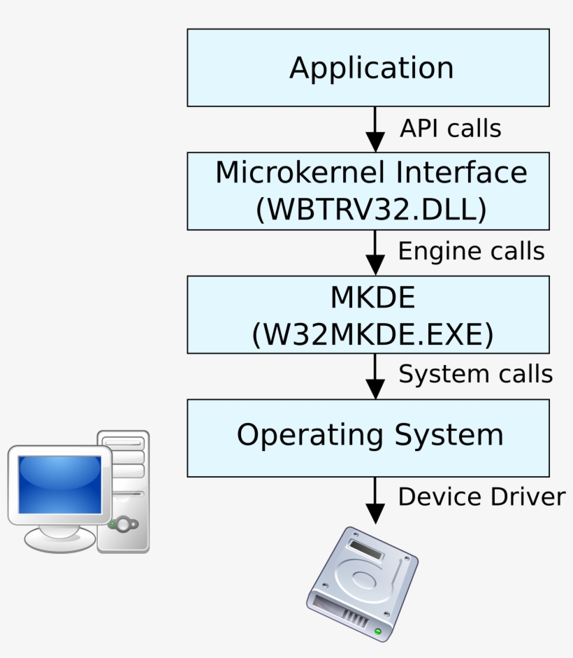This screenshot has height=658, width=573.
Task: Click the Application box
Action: coord(368,68)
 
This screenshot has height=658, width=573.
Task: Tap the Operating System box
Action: coord(368,437)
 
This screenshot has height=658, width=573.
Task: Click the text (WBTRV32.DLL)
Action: coord(371,210)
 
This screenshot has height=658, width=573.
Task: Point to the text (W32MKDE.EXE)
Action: coord(372,334)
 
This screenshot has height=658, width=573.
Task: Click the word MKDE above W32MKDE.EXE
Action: coord(372,299)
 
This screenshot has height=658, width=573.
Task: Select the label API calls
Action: coord(450,129)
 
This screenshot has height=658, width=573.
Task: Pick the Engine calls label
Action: coord(471,251)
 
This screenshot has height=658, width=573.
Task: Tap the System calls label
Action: coord(475,374)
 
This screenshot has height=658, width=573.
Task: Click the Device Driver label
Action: coord(481,496)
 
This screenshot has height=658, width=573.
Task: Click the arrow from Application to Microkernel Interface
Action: coord(375,129)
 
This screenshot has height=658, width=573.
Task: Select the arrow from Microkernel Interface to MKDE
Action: coord(375,252)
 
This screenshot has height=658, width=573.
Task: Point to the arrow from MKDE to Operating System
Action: coord(375,376)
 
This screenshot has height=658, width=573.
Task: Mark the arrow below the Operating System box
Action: coord(375,500)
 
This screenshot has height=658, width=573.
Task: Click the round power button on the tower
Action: coord(124,524)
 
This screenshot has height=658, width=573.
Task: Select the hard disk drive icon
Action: coord(362,582)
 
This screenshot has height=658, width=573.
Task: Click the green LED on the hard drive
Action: coord(378,631)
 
